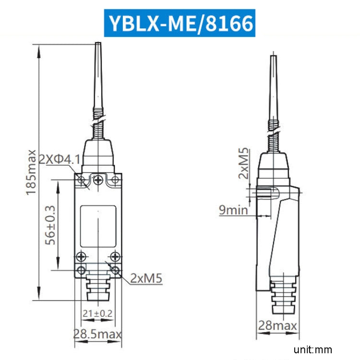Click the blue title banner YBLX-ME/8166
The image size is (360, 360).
click(180, 23)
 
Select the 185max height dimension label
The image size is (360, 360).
click(32, 172)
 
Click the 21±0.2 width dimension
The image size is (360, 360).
click(97, 313)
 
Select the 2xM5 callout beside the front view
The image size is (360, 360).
click(146, 278)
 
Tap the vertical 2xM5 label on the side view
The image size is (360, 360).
click(244, 164)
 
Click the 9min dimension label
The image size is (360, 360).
click(233, 209)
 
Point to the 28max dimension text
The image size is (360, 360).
click(277, 326)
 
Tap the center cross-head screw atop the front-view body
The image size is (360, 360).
click(98, 180)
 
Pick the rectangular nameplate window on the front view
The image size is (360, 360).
click(98, 226)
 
